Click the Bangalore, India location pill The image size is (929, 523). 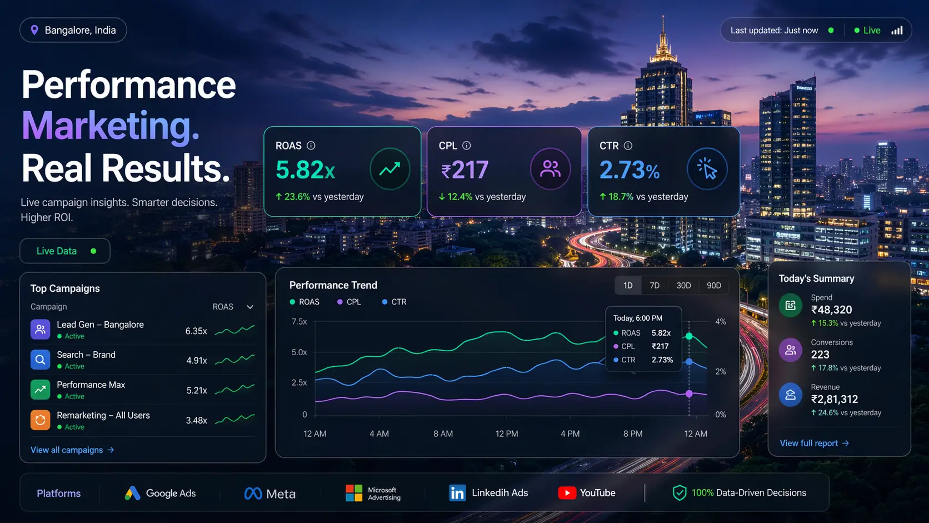(73, 31)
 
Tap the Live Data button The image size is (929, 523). (65, 251)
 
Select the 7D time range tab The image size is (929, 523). (655, 286)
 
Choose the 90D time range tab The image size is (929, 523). (713, 286)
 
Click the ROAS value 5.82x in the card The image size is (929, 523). (305, 170)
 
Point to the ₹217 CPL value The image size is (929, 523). (465, 170)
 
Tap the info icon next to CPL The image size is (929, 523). (467, 146)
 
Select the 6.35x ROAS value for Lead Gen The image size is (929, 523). (196, 331)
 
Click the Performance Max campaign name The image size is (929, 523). (91, 385)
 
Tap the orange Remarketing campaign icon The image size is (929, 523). (41, 420)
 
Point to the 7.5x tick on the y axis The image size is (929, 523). (299, 322)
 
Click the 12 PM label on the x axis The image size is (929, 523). (506, 434)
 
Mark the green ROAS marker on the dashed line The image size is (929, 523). (689, 336)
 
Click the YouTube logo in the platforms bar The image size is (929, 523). (567, 493)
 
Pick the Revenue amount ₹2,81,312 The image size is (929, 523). (834, 400)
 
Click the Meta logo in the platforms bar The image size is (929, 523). (253, 494)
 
